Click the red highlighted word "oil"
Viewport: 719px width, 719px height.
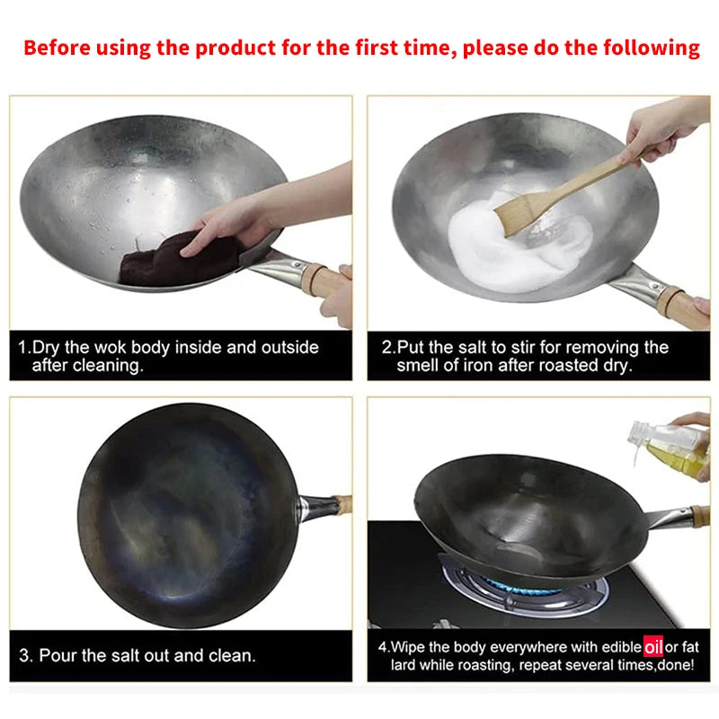tap(653, 645)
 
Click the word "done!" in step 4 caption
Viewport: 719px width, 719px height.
tap(679, 665)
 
